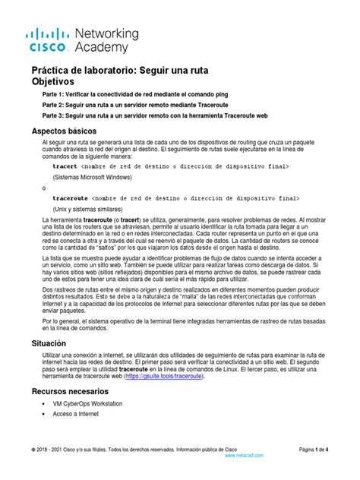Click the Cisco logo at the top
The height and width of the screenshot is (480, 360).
49,40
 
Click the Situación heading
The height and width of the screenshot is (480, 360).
49,343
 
